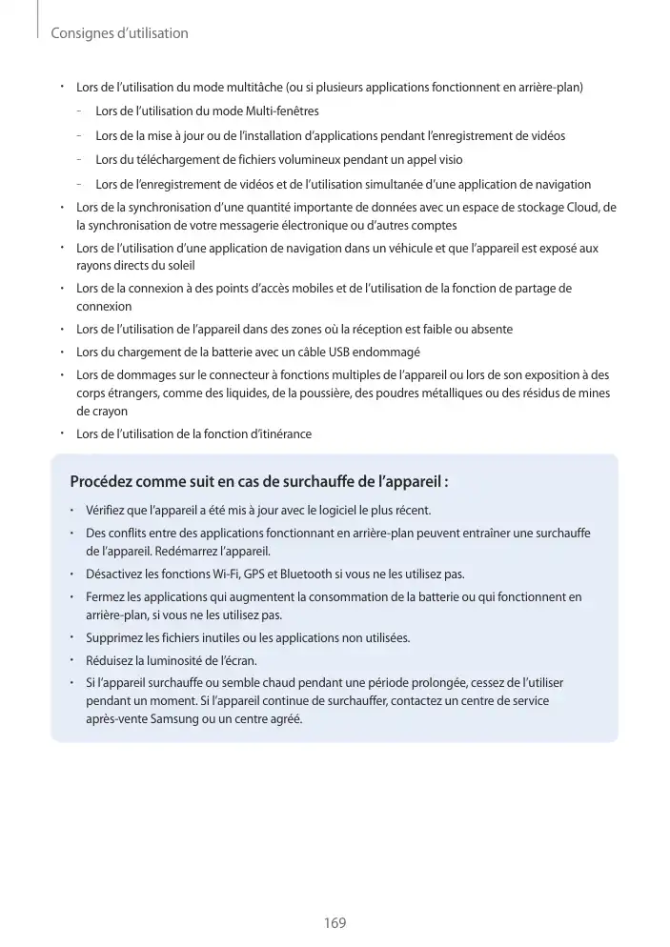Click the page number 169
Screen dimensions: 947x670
coord(335,923)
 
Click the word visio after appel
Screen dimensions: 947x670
coord(446,159)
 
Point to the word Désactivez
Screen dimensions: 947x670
coord(116,574)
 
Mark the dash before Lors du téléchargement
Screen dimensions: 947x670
coord(82,159)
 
